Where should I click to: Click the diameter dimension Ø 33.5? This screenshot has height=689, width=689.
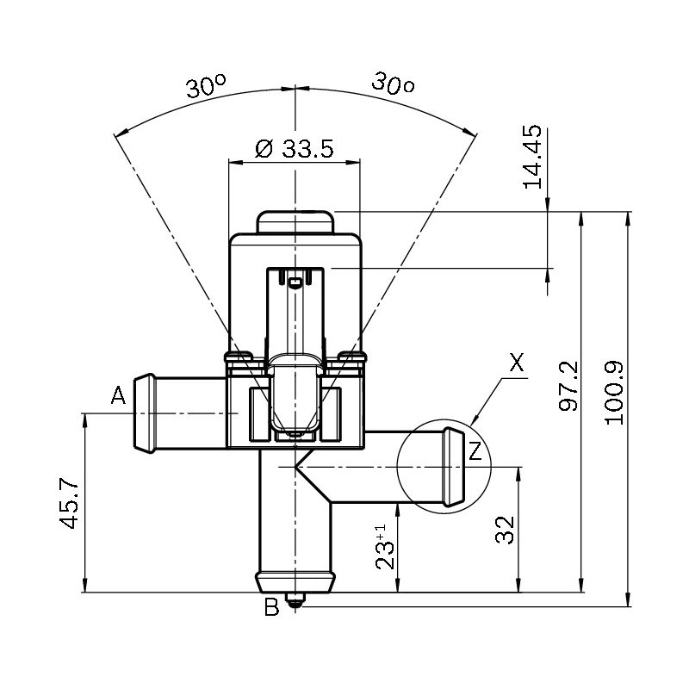pyautogui.click(x=294, y=149)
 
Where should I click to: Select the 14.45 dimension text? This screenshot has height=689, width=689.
pyautogui.click(x=532, y=157)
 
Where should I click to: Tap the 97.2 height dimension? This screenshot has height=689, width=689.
pyautogui.click(x=568, y=386)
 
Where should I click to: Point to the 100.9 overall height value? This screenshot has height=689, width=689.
pyautogui.click(x=614, y=393)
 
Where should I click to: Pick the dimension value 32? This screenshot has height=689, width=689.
pyautogui.click(x=505, y=530)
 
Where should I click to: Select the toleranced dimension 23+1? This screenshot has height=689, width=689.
pyautogui.click(x=385, y=547)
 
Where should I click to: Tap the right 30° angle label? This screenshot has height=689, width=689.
pyautogui.click(x=393, y=84)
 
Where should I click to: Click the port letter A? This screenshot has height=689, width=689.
pyautogui.click(x=118, y=395)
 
